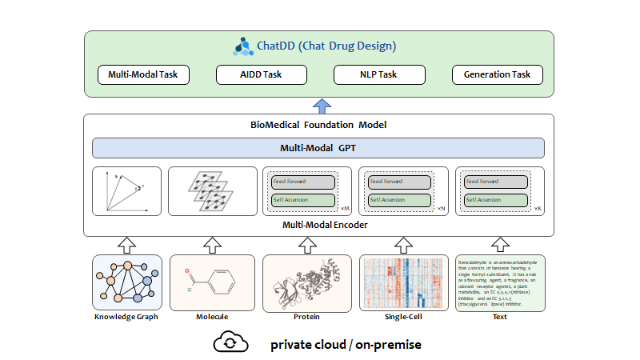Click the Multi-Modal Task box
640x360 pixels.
point(143,75)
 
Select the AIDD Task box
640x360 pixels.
point(261,75)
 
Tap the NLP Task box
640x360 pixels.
point(378,75)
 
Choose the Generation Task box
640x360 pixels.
point(497,75)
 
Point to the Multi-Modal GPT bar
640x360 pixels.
point(318,148)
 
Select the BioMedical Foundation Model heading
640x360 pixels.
point(318,126)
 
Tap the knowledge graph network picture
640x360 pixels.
point(125,282)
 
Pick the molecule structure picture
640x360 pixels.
point(211,282)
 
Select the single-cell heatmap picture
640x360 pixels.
point(403,282)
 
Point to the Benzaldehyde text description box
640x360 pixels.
point(500,282)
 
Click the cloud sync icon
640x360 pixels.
point(229,342)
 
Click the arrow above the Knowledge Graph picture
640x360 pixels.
point(125,243)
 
